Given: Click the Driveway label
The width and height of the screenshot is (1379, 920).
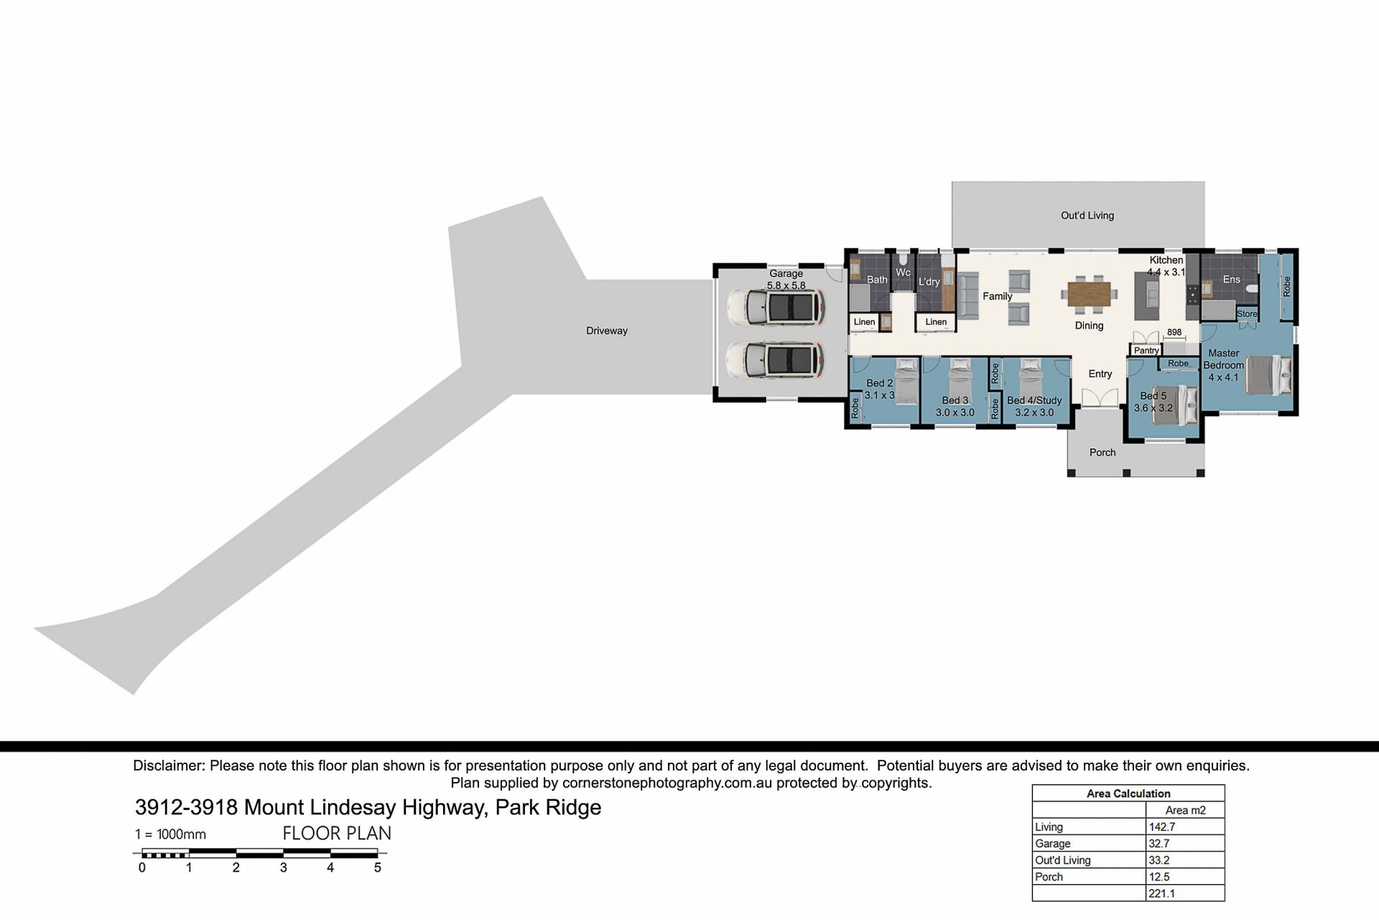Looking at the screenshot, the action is pos(607,331).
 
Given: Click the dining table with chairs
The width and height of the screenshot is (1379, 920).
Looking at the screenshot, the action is pos(1090,294).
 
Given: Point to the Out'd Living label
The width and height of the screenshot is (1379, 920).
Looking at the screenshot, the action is pos(1087,215).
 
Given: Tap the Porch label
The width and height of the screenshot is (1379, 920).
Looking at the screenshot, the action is pos(1102,452).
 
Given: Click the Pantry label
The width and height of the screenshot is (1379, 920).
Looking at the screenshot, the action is pos(1146,351).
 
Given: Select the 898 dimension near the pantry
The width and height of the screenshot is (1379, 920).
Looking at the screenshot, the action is pos(1174,332).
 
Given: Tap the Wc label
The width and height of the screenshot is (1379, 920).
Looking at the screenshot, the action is pos(904,272).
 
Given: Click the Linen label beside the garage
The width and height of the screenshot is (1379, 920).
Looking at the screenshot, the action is pos(864,322).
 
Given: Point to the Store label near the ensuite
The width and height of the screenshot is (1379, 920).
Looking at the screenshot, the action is pos(1248,314).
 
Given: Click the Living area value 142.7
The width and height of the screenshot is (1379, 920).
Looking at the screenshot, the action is pos(1162,827).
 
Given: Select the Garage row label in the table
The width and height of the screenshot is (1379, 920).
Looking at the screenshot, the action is pos(1053,843).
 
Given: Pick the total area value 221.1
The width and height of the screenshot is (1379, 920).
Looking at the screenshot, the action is pos(1162,893).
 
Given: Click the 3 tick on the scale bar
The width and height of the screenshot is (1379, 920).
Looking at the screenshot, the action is pos(284,868).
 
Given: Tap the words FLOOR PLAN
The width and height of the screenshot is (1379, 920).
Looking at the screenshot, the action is pos(337,834).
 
